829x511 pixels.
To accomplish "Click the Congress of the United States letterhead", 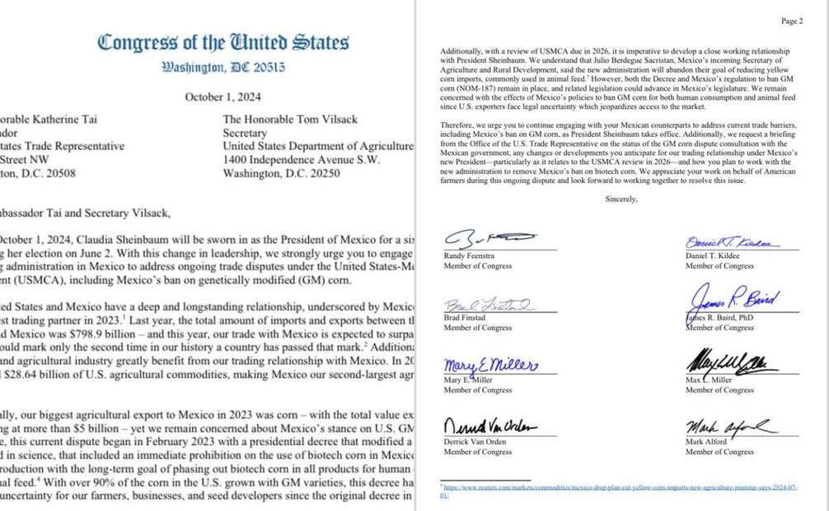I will (222, 42).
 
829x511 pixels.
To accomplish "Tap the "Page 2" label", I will (791, 21).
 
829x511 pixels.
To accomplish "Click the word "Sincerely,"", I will (621, 199).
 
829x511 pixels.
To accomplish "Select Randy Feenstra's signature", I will (485, 240).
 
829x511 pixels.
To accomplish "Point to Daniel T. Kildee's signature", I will (730, 243).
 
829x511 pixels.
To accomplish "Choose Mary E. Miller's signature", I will (492, 365).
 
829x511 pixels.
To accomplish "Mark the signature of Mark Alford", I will (728, 426).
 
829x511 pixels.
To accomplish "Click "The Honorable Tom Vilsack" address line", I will (290, 120).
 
